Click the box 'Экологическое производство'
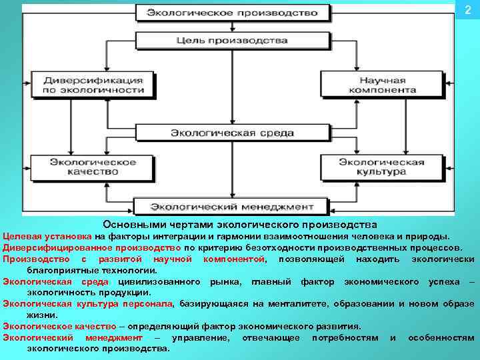pos(232,13)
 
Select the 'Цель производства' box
pos(232,40)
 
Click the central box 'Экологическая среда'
pos(232,133)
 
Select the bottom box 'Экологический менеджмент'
pos(232,205)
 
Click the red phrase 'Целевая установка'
pos(47,236)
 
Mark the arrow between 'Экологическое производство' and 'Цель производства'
pos(232,26)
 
